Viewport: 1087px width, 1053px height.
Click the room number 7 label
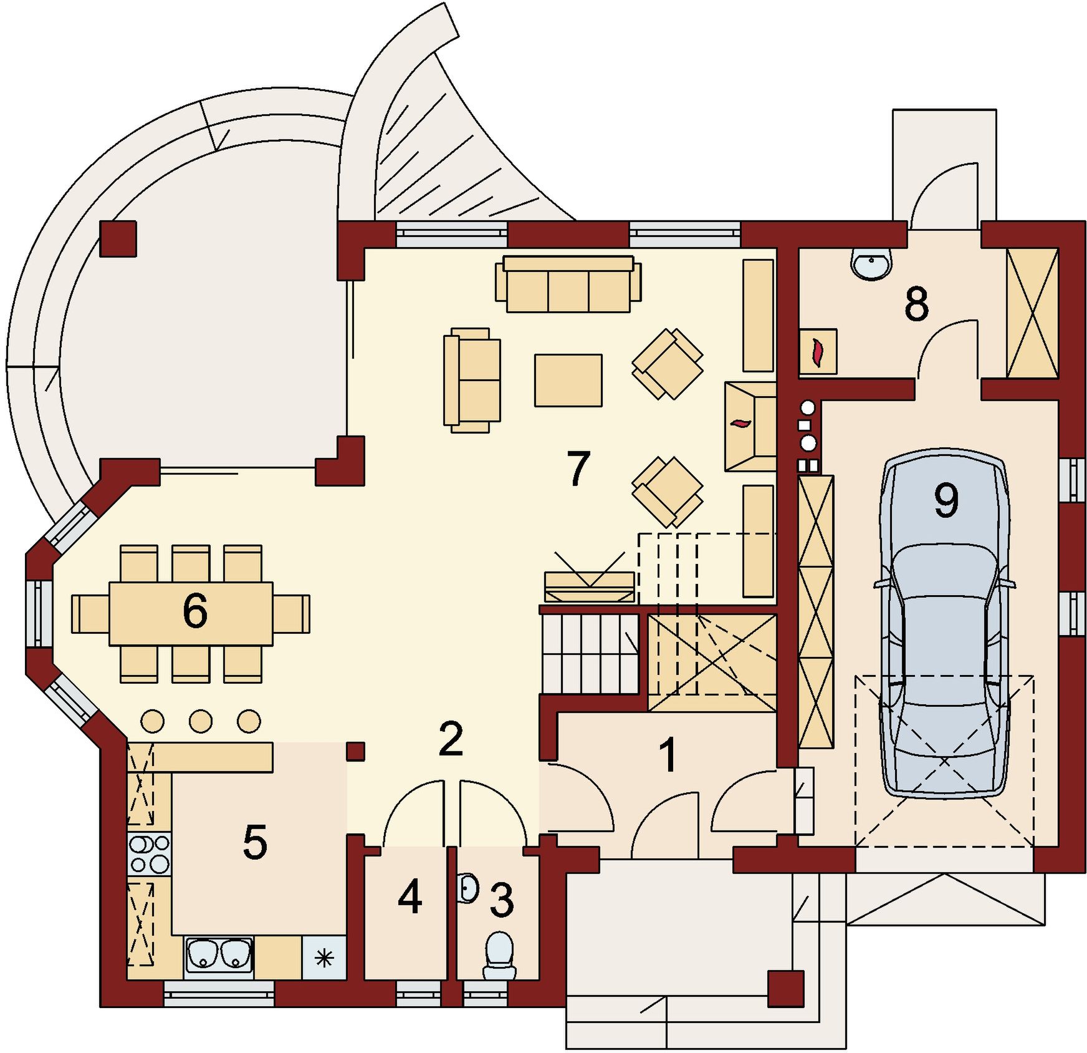[578, 468]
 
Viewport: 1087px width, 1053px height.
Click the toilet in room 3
[499, 955]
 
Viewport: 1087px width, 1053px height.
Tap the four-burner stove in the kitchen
[149, 854]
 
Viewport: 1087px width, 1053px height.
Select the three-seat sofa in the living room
[568, 284]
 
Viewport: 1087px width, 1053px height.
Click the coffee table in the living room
[568, 381]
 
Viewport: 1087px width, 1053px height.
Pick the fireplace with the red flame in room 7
[750, 427]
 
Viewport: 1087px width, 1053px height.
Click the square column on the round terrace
[118, 238]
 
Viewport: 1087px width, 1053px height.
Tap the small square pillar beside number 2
[355, 751]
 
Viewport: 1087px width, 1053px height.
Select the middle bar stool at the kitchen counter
[201, 721]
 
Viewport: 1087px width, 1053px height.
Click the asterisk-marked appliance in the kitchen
[324, 958]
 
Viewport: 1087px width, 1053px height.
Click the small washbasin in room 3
[468, 888]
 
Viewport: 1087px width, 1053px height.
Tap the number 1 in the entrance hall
[668, 755]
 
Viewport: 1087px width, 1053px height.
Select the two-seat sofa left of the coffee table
[472, 380]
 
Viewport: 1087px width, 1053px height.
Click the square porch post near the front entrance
[785, 989]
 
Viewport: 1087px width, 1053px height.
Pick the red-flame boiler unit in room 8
[818, 352]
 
